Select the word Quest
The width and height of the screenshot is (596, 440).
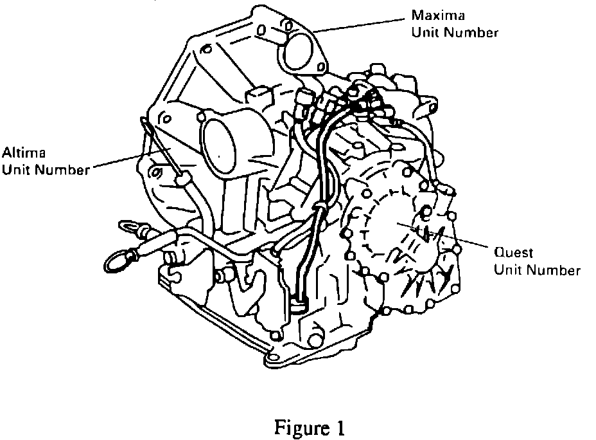pyautogui.click(x=513, y=253)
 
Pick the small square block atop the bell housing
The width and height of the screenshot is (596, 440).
pyautogui.click(x=259, y=95)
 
